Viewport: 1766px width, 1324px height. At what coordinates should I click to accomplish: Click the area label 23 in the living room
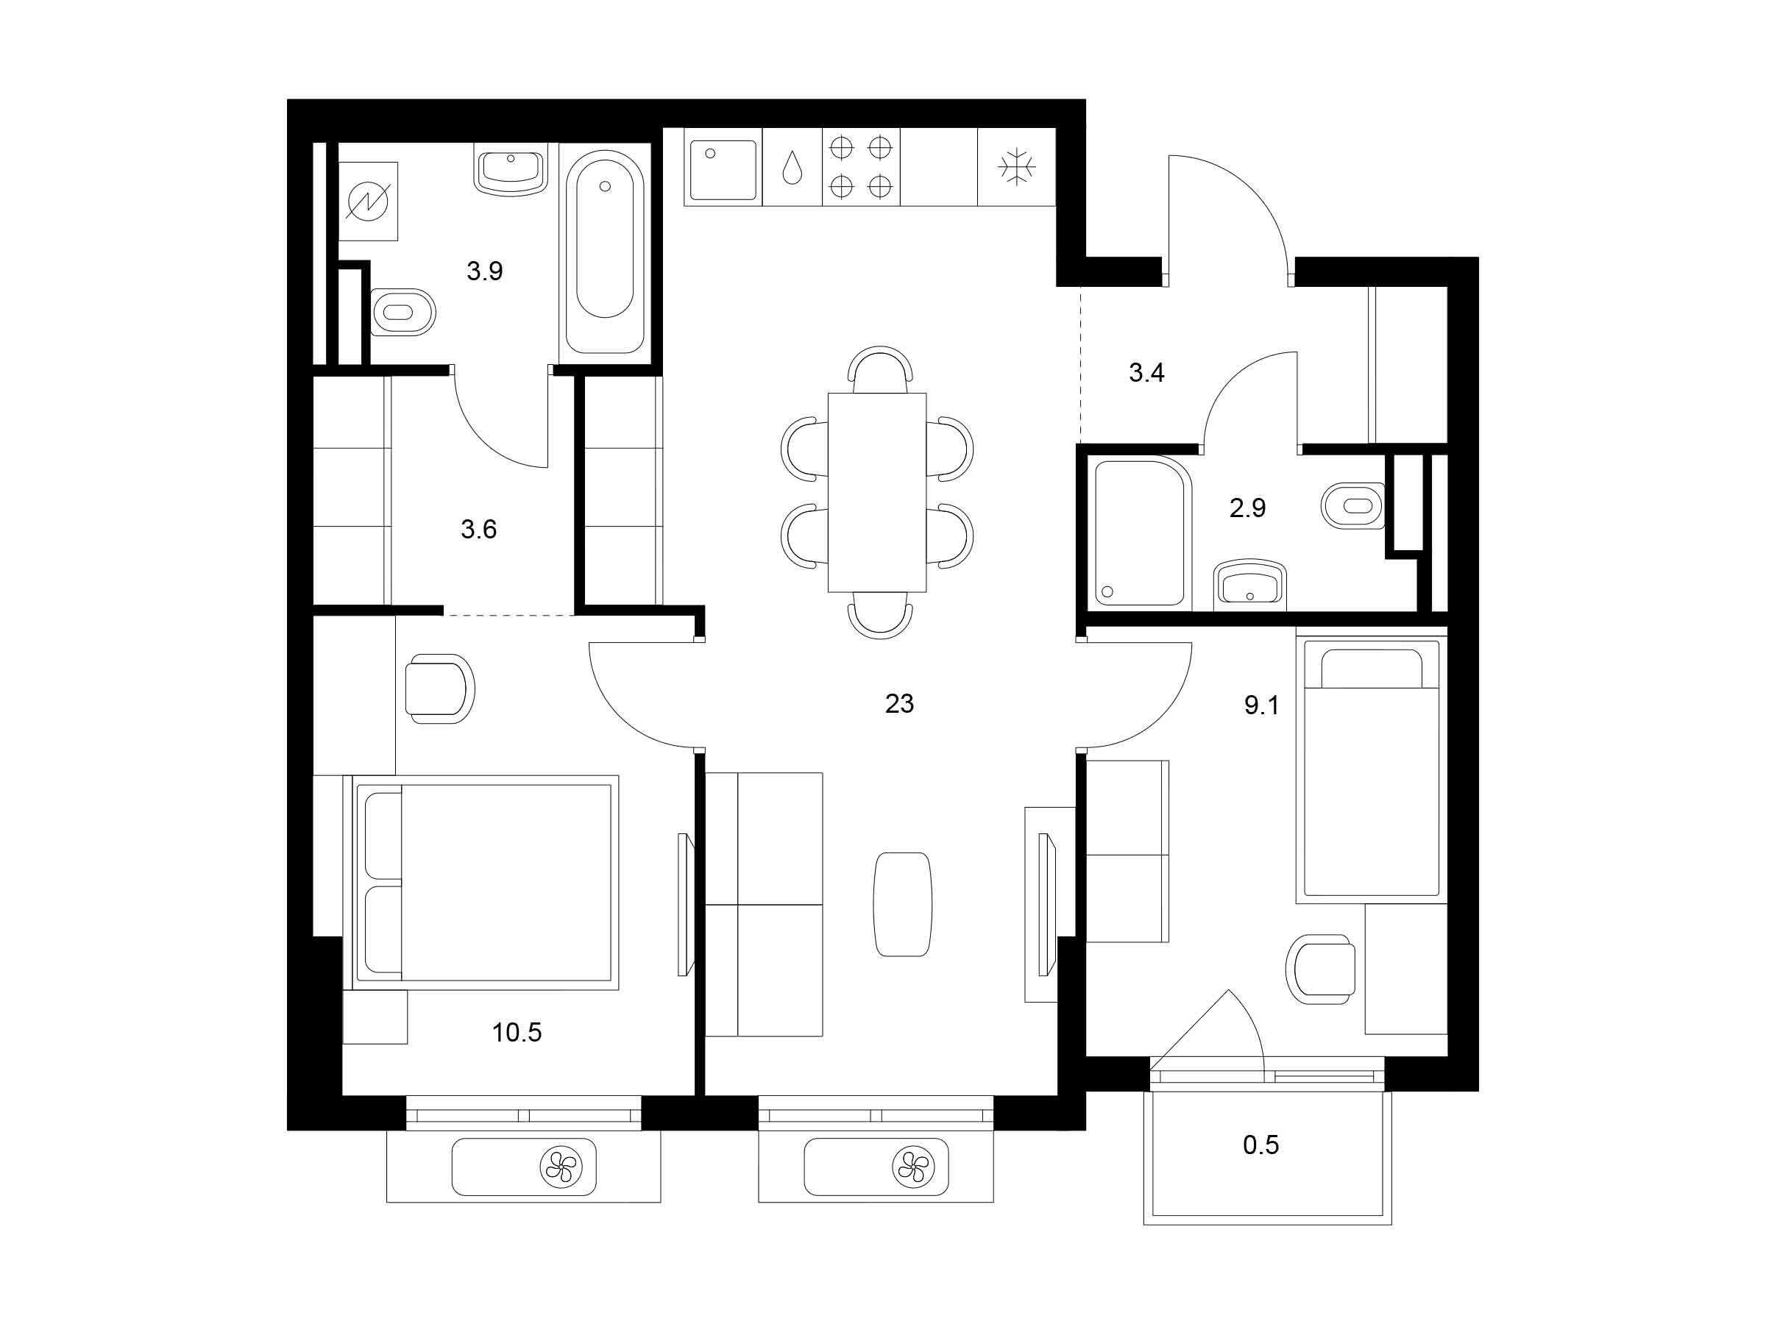(899, 703)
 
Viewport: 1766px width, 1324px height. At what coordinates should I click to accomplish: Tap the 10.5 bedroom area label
(517, 1033)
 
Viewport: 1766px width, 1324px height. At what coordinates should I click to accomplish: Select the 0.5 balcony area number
(1260, 1145)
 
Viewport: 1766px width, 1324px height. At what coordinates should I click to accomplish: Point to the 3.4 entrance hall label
(1146, 373)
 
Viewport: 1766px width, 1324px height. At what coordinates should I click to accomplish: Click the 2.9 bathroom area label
(1247, 508)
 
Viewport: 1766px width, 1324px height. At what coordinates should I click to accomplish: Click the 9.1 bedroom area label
(1261, 705)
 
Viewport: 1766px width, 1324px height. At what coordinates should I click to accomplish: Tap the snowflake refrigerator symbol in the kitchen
(1016, 167)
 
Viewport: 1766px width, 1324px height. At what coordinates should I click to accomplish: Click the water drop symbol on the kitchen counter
(792, 168)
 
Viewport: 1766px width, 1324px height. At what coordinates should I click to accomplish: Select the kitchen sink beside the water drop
(723, 170)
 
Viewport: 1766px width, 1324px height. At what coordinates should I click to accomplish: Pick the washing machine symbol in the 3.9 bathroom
(368, 201)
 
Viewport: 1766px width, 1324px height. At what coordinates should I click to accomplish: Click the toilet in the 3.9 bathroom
(403, 312)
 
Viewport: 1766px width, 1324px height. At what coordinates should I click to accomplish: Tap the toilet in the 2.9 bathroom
(1353, 505)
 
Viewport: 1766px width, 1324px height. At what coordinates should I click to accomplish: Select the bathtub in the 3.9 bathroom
(604, 251)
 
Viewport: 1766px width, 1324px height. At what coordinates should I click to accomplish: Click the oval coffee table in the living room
(902, 903)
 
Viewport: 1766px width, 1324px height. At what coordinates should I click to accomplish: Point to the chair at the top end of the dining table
(880, 369)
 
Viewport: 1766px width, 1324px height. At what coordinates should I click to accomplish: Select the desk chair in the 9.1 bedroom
(1321, 969)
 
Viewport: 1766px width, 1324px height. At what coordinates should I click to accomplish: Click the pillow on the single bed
(1372, 668)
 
